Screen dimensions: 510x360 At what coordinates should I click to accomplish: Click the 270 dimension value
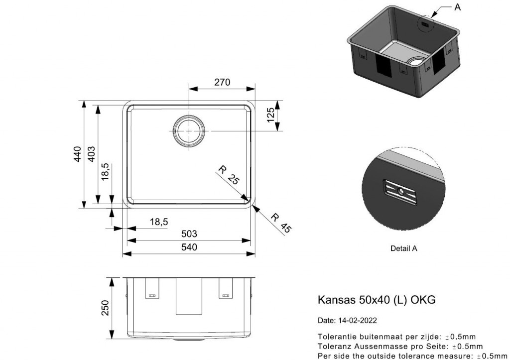[222, 82]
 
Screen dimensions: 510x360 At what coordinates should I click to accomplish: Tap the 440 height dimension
[77, 154]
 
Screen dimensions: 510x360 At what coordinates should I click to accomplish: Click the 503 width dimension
[189, 234]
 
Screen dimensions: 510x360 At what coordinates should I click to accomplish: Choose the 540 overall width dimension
[189, 247]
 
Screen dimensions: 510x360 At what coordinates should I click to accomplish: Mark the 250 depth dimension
[106, 307]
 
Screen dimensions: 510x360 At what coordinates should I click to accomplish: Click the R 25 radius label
[229, 175]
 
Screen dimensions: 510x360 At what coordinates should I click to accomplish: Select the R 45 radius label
[280, 223]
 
